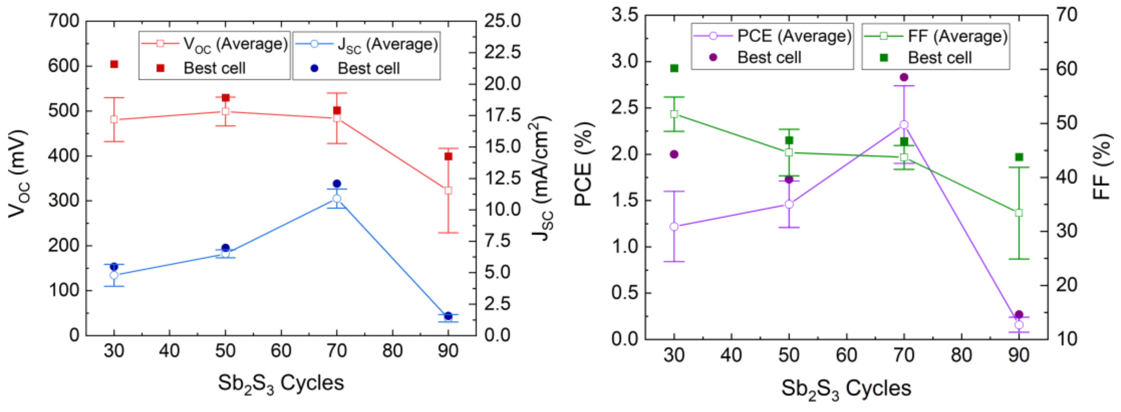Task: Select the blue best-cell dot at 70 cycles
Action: pos(337,184)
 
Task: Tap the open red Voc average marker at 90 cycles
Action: pos(448,191)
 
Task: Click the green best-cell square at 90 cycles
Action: pos(1019,157)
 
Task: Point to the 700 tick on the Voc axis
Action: pos(64,21)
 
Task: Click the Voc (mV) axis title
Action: pos(18,174)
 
